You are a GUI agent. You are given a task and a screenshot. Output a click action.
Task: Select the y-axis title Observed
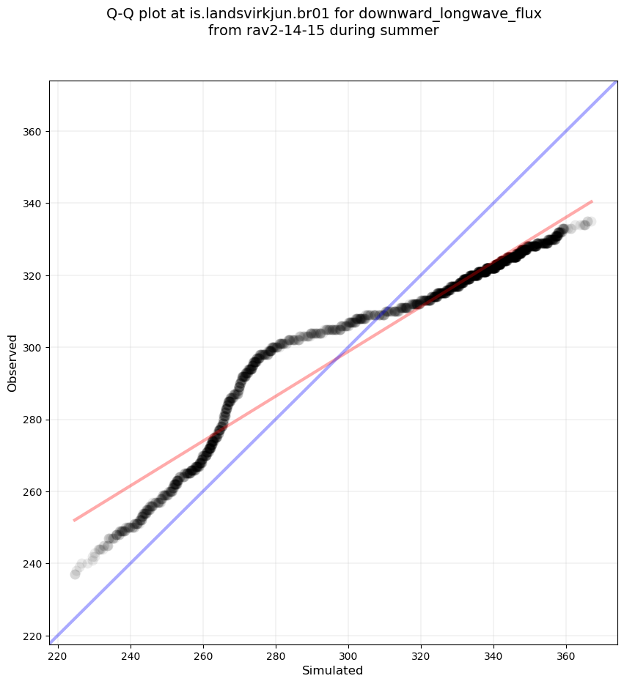[x=12, y=363]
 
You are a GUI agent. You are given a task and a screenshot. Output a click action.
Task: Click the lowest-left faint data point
[x=75, y=574]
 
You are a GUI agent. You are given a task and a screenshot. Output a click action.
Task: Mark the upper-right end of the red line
[x=592, y=201]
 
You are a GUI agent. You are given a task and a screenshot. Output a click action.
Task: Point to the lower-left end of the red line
[x=74, y=521]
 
